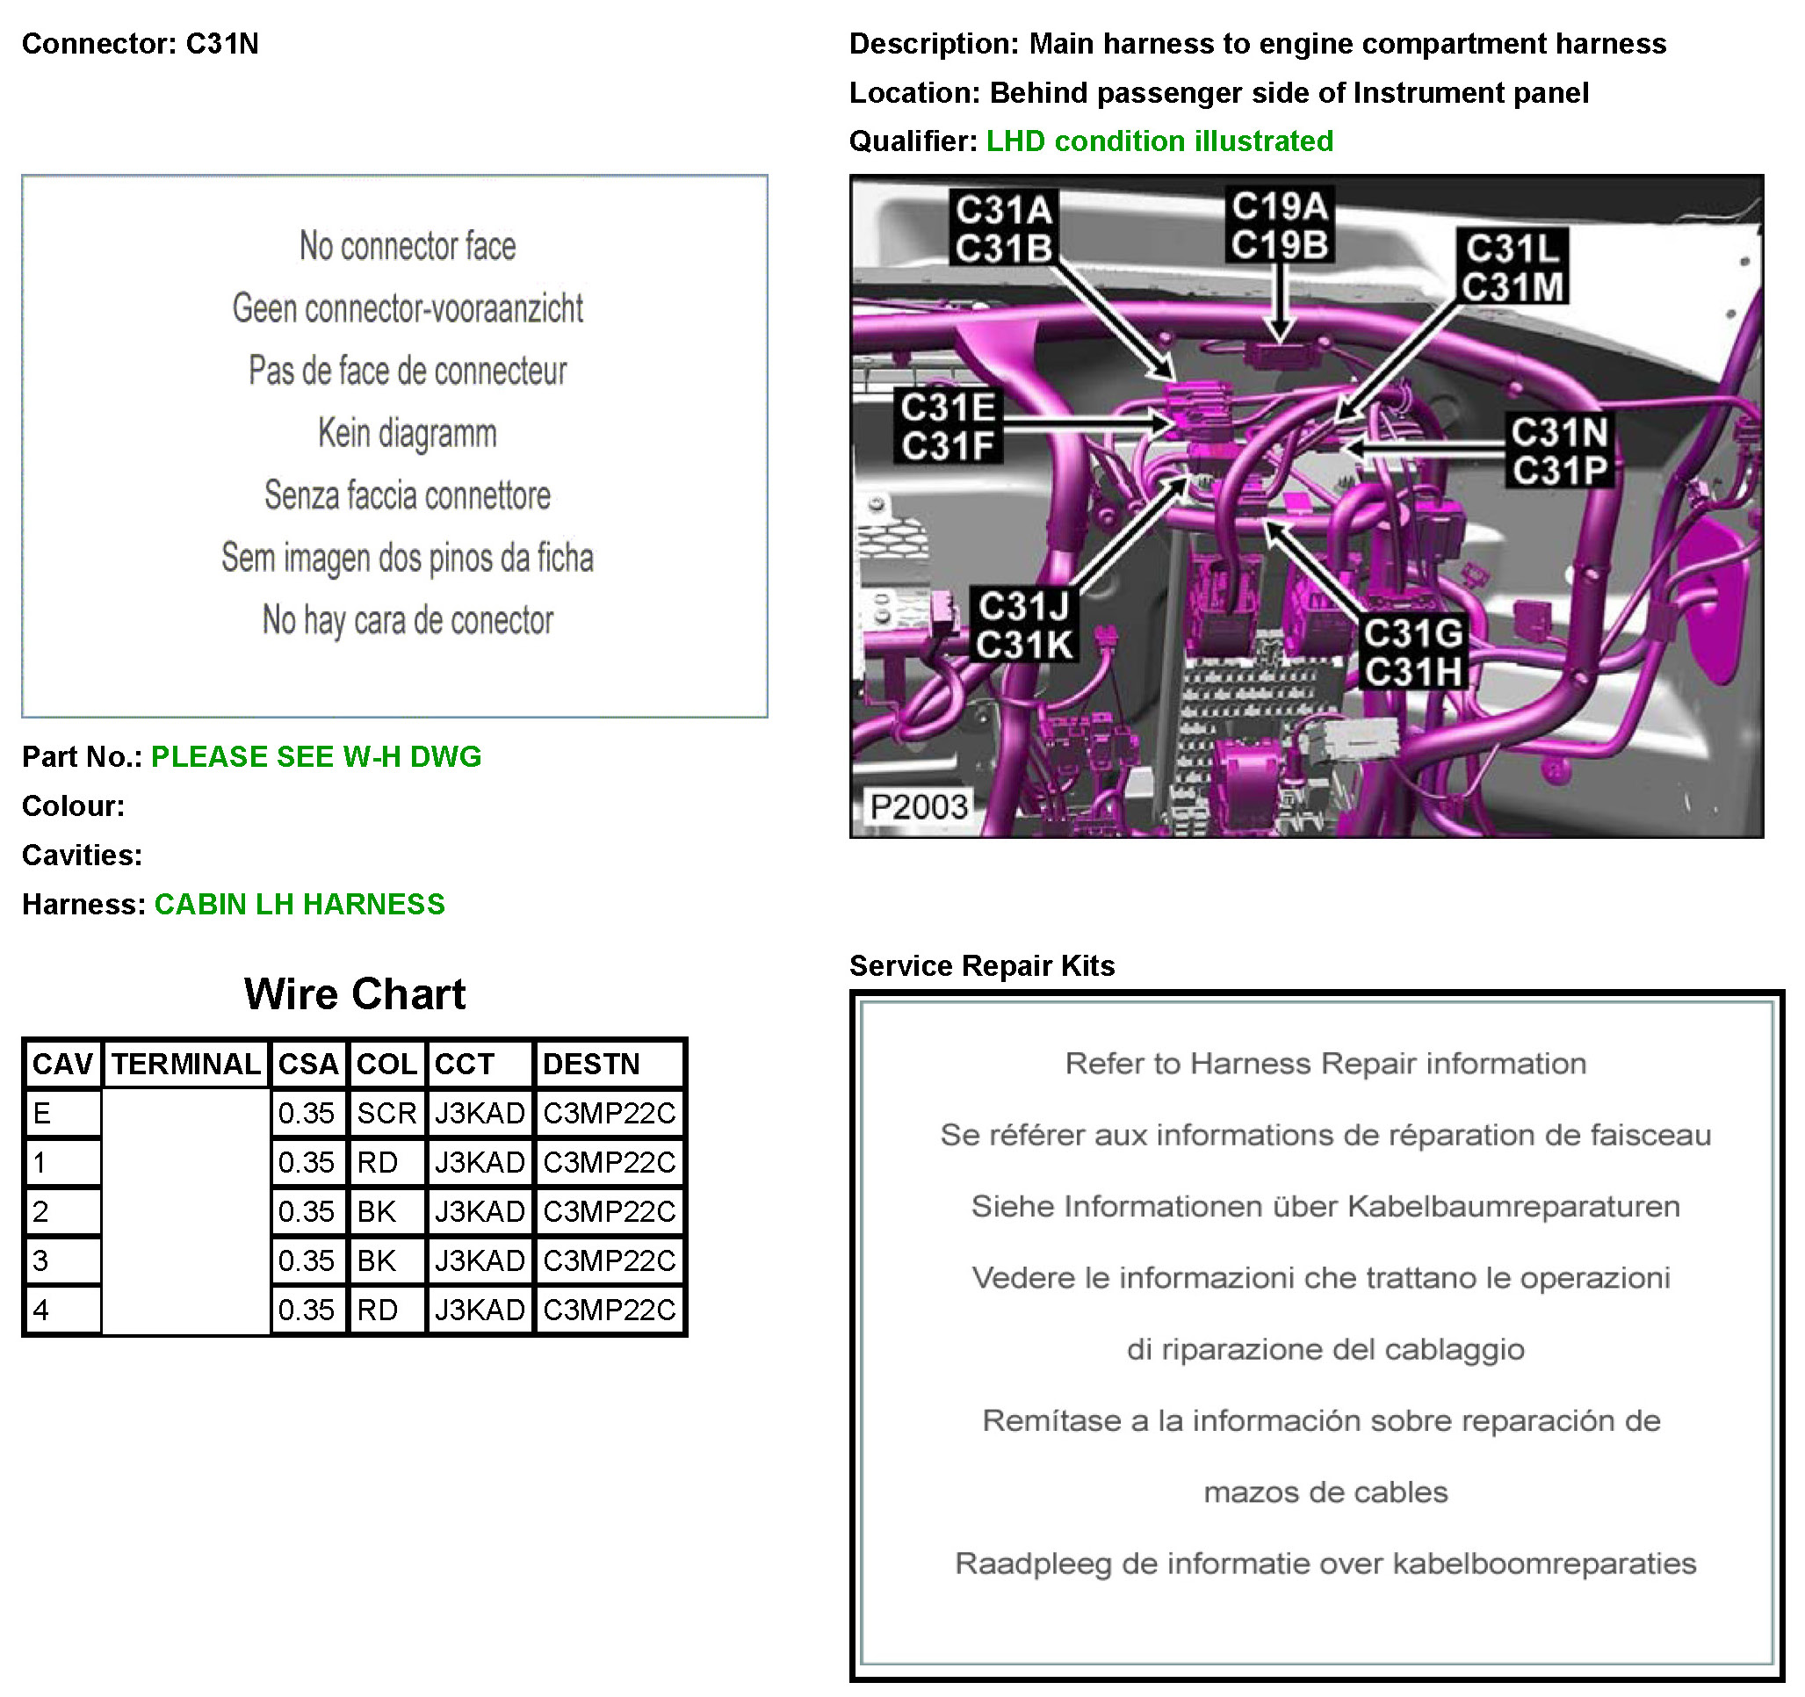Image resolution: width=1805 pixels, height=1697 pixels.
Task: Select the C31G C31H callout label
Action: (x=1412, y=653)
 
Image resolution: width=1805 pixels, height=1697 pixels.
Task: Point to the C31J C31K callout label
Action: (x=1025, y=625)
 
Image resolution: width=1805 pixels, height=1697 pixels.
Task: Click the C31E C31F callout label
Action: (x=948, y=426)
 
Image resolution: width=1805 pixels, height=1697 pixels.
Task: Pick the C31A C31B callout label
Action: (x=1003, y=227)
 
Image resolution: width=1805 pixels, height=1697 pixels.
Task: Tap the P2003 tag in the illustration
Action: (x=919, y=806)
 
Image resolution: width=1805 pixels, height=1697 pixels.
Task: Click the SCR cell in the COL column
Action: (x=386, y=1113)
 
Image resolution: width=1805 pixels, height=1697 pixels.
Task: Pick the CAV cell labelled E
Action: (x=61, y=1113)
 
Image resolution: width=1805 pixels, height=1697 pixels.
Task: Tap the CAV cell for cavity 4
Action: (x=61, y=1311)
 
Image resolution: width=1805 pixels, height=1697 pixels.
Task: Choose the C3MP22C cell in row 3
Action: (x=610, y=1260)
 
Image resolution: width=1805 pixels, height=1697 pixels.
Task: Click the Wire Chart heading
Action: (x=355, y=994)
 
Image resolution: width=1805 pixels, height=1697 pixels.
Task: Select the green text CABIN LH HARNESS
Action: (x=300, y=905)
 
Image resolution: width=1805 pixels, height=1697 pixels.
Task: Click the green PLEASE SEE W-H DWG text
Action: (x=316, y=756)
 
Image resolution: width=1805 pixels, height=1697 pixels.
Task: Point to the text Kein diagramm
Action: (x=408, y=433)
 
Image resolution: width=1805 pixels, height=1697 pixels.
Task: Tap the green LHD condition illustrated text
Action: (x=1159, y=141)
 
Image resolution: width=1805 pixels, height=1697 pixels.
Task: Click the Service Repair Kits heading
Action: (x=981, y=965)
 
